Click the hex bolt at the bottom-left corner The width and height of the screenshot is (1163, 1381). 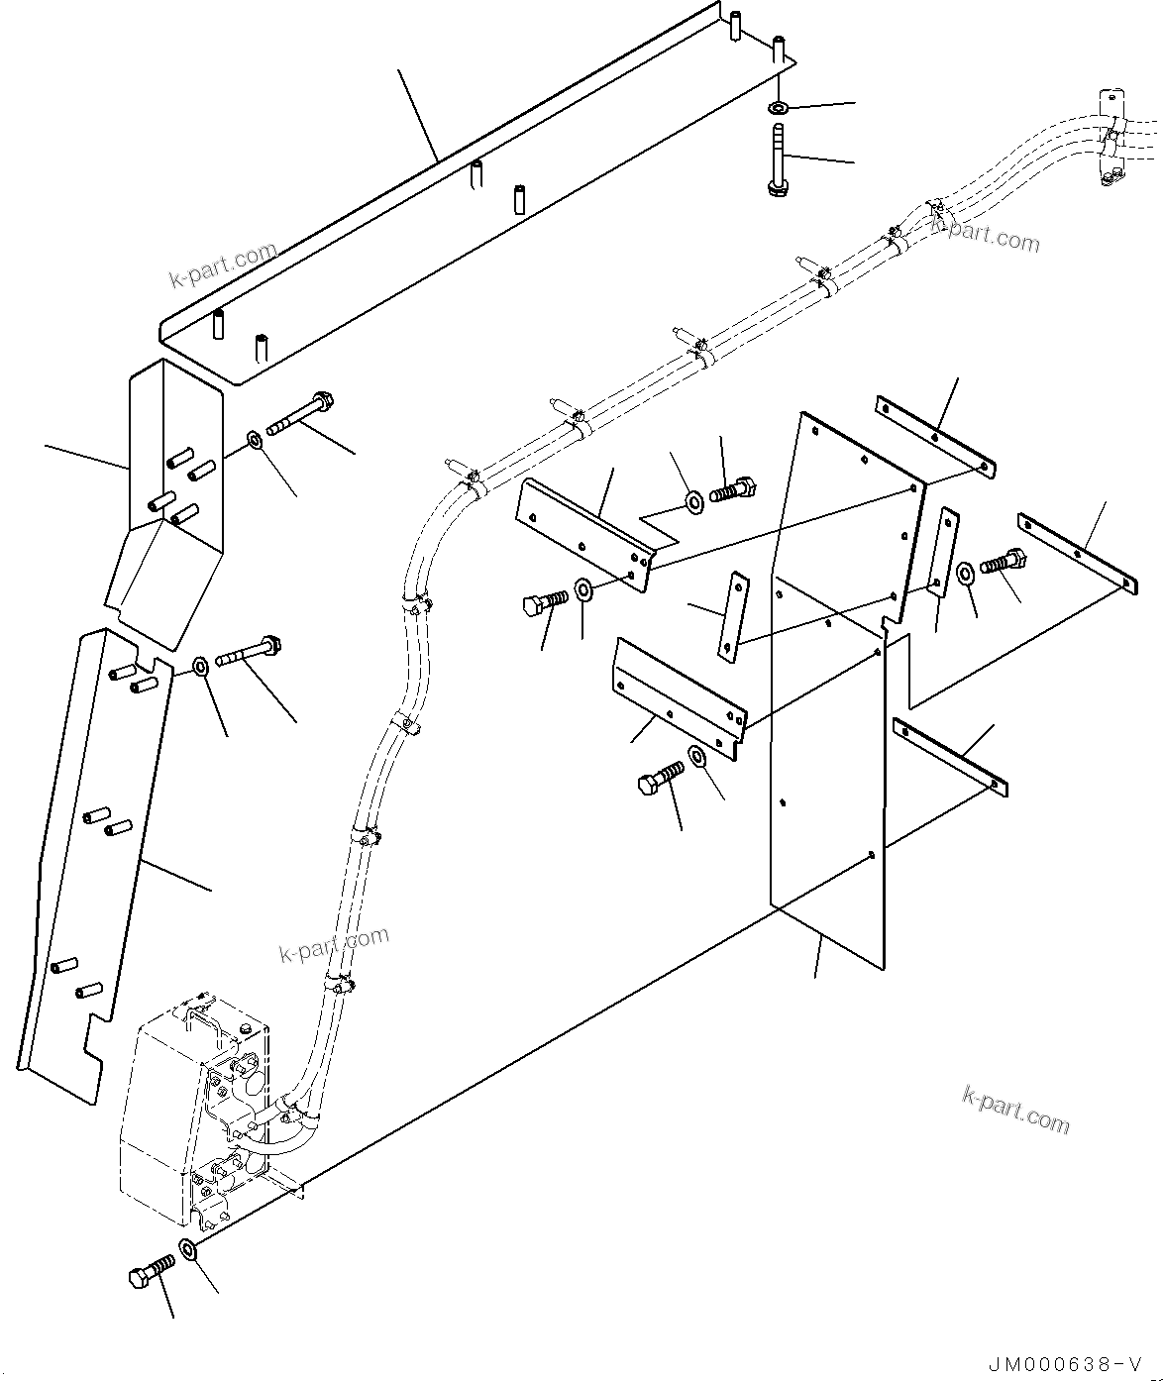pos(151,1271)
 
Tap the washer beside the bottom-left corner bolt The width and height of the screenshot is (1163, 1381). pos(188,1251)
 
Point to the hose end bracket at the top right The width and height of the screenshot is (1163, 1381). pos(1110,139)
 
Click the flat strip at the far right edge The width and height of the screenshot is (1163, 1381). pos(1076,553)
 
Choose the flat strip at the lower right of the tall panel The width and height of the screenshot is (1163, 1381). pos(950,757)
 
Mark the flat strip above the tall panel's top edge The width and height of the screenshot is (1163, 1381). pos(934,435)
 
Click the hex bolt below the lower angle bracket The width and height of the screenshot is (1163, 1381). pos(660,781)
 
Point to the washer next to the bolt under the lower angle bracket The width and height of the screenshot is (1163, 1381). pos(697,758)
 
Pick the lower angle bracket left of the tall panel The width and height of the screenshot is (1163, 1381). pos(679,698)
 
